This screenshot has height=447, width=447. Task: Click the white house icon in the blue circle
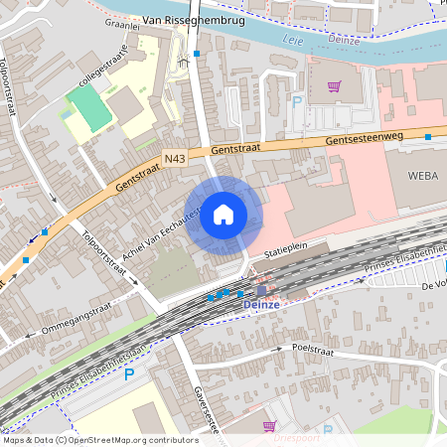[223, 215]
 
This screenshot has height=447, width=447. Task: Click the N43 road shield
[175, 157]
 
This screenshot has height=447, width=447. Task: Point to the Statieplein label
[288, 255]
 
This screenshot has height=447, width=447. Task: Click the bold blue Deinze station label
[263, 306]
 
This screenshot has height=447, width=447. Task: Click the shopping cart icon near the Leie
[335, 86]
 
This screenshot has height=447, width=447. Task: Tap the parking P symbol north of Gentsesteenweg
[296, 101]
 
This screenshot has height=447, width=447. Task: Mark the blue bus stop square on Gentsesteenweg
[427, 137]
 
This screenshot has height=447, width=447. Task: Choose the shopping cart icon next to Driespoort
[268, 427]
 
